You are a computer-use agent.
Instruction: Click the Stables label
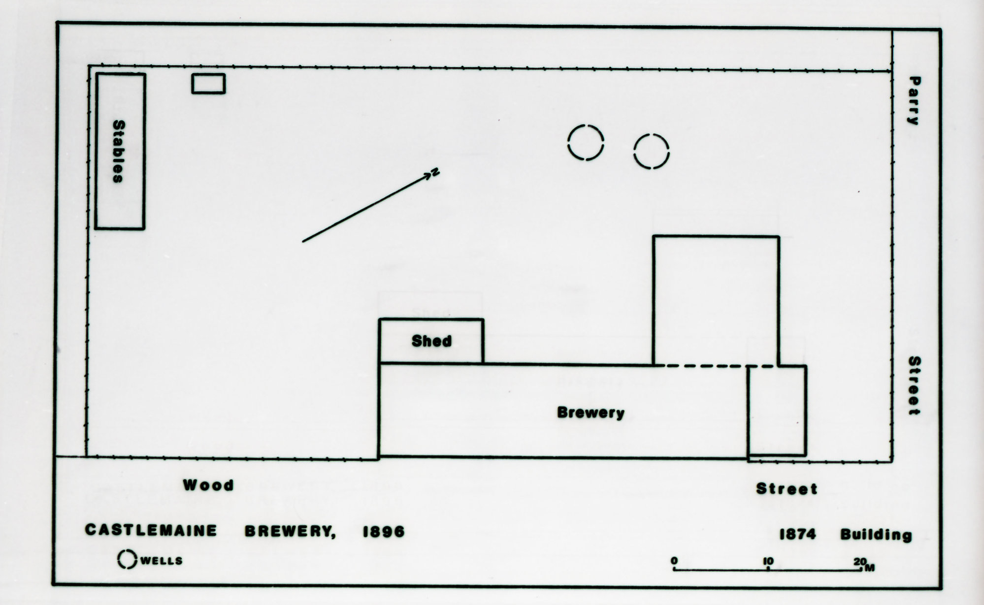pos(119,152)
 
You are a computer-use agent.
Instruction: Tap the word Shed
pos(431,341)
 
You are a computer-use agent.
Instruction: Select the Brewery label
pos(590,413)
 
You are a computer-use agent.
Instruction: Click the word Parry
pos(914,101)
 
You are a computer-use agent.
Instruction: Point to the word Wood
pos(208,485)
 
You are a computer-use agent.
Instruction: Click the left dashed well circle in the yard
pos(586,143)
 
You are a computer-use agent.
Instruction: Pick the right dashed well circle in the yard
pos(651,151)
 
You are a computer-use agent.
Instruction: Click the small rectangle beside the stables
pos(208,84)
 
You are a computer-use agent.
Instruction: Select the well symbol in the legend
pos(127,559)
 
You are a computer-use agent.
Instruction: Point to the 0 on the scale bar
pos(674,561)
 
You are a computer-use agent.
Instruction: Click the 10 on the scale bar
pos(768,561)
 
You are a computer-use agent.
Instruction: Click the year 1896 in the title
pos(384,532)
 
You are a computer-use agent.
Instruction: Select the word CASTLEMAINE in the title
pos(151,530)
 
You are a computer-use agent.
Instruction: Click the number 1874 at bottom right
pos(797,534)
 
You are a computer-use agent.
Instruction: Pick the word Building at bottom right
pos(876,535)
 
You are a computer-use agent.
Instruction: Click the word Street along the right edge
pos(914,385)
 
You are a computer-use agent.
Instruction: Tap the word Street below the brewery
pos(787,489)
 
